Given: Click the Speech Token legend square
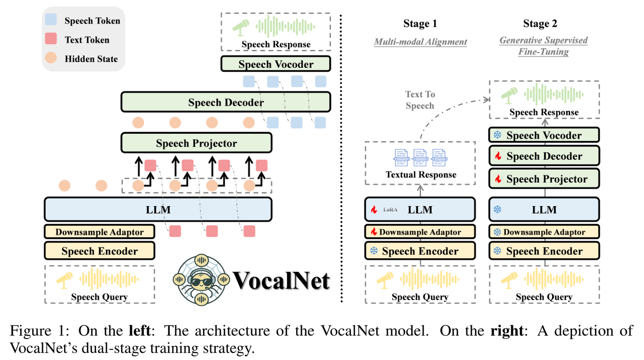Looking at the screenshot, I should coord(51,21).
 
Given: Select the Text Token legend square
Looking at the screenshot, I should coord(51,39).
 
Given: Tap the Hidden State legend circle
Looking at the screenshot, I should coord(51,59).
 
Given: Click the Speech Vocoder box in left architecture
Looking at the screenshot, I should coord(275,64).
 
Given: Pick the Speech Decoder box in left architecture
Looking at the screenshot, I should coord(225,102).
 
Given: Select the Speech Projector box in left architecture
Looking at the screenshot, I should coord(196,143).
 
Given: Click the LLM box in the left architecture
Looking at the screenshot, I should coord(158,209).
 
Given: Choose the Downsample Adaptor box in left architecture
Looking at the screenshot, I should coord(99,232).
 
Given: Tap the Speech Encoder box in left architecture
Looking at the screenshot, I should coord(99,251).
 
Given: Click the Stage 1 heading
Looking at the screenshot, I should coord(420,24).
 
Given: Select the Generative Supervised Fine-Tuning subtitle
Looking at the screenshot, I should coord(543,46).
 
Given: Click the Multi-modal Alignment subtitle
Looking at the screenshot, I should coord(420,42).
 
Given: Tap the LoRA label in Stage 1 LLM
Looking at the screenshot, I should coord(390,210).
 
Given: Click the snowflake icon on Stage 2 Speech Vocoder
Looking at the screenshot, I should coord(497,135).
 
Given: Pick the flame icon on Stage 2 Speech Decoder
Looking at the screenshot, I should coord(497,157).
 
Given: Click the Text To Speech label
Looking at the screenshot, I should coord(420,100).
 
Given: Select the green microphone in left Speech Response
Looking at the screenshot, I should coord(241,26).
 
